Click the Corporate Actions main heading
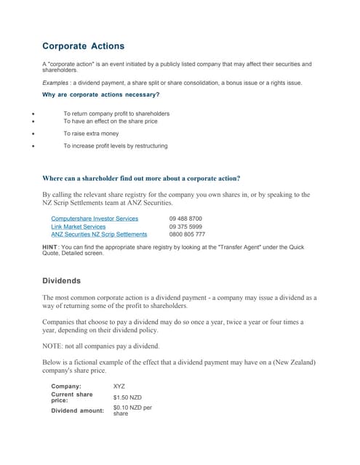[83, 46]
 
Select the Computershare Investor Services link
[95, 218]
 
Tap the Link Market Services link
[78, 227]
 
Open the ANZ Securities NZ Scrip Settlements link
[99, 235]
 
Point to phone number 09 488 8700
[185, 218]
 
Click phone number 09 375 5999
[185, 227]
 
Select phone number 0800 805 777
[187, 235]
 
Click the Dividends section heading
[62, 280]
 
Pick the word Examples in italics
[55, 83]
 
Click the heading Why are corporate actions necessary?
[101, 94]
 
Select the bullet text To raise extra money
[90, 134]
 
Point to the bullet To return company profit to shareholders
[116, 113]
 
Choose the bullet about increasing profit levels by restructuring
[115, 146]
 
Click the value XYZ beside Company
[119, 387]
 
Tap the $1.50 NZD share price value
[127, 397]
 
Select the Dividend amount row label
[77, 411]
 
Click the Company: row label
[66, 387]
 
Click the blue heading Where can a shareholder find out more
[141, 178]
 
